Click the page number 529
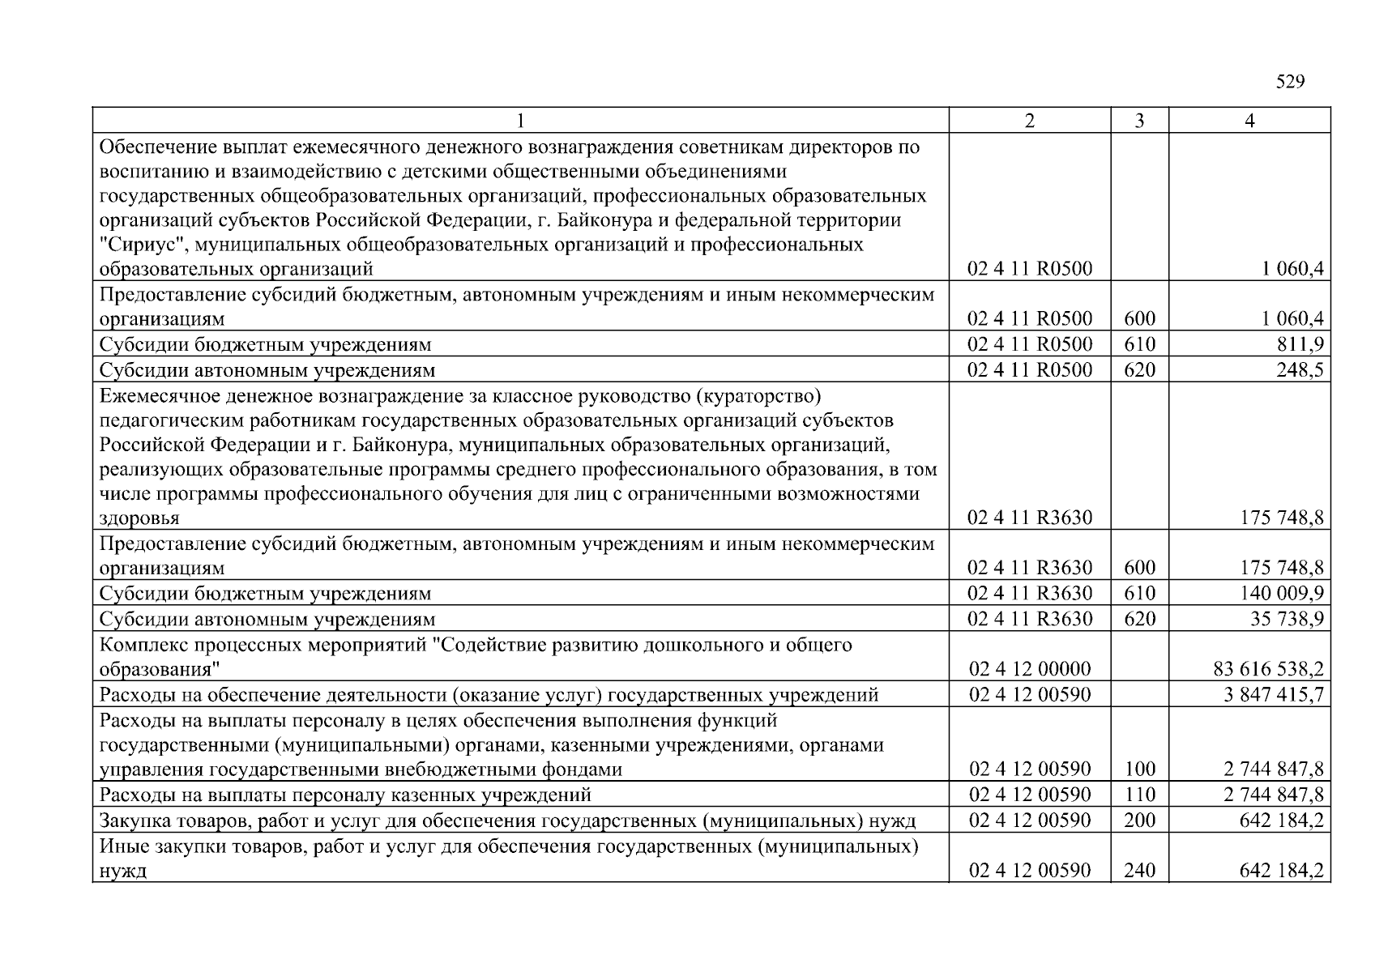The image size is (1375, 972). pyautogui.click(x=1290, y=82)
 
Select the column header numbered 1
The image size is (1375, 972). pyautogui.click(x=520, y=121)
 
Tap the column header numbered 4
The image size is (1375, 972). pyautogui.click(x=1249, y=121)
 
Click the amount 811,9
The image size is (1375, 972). pyautogui.click(x=1300, y=344)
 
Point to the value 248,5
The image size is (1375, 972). pyautogui.click(x=1300, y=370)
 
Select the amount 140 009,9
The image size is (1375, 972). pyautogui.click(x=1283, y=594)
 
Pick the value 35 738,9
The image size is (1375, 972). pyautogui.click(x=1287, y=620)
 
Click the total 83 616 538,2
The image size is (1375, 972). pyautogui.click(x=1269, y=669)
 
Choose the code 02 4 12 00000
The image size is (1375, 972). pyautogui.click(x=1030, y=669)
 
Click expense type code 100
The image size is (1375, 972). pyautogui.click(x=1140, y=769)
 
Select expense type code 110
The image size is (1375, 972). pyautogui.click(x=1140, y=795)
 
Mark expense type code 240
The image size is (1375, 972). pyautogui.click(x=1140, y=871)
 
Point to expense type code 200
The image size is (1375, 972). pyautogui.click(x=1140, y=821)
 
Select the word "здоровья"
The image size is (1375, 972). pyautogui.click(x=139, y=518)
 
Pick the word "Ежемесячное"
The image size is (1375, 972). pyautogui.click(x=152, y=396)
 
